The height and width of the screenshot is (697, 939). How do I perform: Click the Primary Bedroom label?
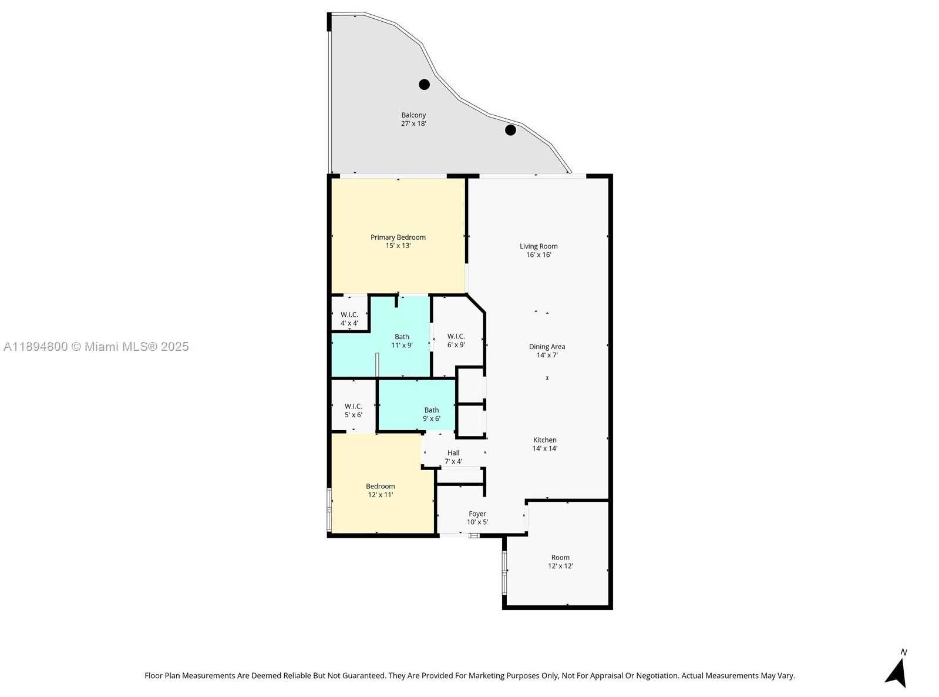pos(398,241)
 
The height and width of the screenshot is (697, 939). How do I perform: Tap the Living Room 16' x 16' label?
pos(539,250)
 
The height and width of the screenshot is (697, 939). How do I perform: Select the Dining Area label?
pos(547,351)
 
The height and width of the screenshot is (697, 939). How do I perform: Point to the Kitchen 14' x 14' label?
pos(544,444)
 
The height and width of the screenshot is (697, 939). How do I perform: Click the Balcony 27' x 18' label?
pos(413,119)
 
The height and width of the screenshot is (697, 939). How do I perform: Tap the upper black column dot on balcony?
pos(424,85)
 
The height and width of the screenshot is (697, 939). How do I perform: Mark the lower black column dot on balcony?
pos(510,130)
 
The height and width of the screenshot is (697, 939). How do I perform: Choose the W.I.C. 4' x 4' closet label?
pos(349,319)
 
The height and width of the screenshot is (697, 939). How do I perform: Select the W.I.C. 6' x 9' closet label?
pos(456,340)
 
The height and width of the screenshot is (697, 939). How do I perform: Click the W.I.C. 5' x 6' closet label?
pos(353,410)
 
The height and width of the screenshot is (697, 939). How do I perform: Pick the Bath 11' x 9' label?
pos(402,341)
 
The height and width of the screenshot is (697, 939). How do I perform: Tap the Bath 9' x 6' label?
pos(431,414)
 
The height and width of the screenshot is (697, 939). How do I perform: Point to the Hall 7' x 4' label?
pos(453,457)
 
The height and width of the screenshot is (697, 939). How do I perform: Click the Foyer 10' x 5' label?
pos(477,518)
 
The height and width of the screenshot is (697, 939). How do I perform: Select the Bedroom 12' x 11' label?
pos(380,490)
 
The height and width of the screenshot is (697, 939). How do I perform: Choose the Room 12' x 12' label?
pos(560,561)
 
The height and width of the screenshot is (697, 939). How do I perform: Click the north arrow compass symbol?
pos(897,671)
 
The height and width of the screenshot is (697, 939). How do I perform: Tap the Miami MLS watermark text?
pos(96,347)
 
